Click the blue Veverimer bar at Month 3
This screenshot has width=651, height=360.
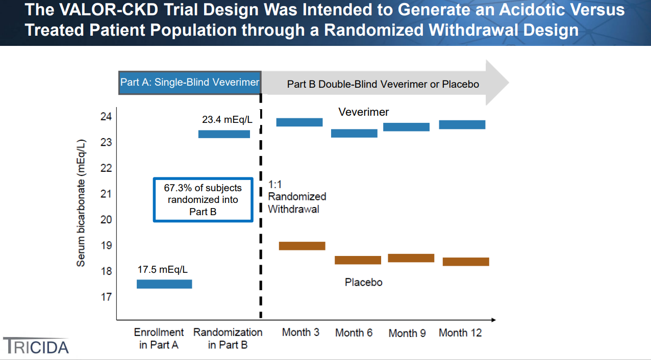299,122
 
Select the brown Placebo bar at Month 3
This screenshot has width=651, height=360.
302,246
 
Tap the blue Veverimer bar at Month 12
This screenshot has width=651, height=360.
462,124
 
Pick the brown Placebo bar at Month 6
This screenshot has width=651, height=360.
358,260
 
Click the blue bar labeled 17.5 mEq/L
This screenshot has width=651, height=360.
164,284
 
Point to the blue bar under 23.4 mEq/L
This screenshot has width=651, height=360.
224,134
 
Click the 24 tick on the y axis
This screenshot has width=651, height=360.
106,117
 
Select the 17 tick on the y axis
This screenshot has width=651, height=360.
106,297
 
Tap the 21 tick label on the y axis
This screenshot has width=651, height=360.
106,194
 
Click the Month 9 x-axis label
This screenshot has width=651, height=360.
407,333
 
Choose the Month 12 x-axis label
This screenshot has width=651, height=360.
460,333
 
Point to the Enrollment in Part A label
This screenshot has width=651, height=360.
159,339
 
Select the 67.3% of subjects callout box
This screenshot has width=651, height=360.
203,199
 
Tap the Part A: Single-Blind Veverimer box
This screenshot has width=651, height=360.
190,82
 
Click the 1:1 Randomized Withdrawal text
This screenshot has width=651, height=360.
297,196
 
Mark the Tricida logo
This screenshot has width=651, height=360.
36,346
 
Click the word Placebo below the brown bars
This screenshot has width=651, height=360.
363,282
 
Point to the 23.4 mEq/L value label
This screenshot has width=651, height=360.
227,120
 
